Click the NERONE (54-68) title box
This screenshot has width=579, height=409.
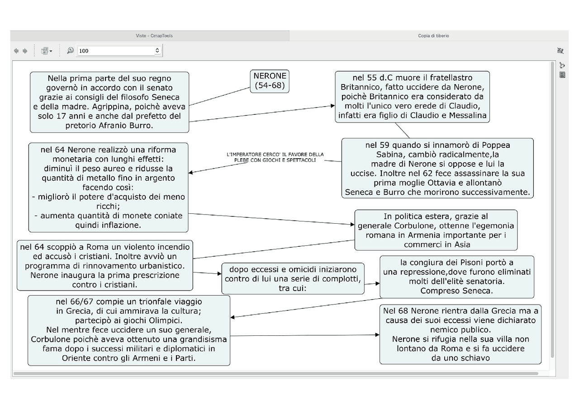point(270,81)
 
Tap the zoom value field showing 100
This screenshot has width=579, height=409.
point(116,51)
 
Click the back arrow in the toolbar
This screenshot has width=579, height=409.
point(16,51)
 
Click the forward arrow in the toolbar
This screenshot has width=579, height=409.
point(25,51)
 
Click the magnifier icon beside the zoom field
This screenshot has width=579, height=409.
point(70,50)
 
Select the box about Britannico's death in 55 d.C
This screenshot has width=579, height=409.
point(412,97)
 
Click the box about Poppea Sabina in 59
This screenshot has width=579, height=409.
point(437,169)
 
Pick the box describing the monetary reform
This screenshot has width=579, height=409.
point(108,188)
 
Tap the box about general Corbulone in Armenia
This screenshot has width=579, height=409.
point(436,230)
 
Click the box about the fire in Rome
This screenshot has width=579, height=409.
point(104,265)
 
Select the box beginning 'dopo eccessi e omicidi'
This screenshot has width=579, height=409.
point(293,278)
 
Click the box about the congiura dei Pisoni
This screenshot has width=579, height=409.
point(457,277)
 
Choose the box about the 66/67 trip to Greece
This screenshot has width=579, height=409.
point(129,330)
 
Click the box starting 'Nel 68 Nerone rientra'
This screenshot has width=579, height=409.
point(460,334)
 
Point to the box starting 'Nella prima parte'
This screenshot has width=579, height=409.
point(109,102)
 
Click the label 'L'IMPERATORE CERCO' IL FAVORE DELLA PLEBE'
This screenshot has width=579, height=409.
point(275,157)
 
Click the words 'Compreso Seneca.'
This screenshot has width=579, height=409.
point(457,291)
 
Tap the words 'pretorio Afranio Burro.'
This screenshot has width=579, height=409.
point(109,126)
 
